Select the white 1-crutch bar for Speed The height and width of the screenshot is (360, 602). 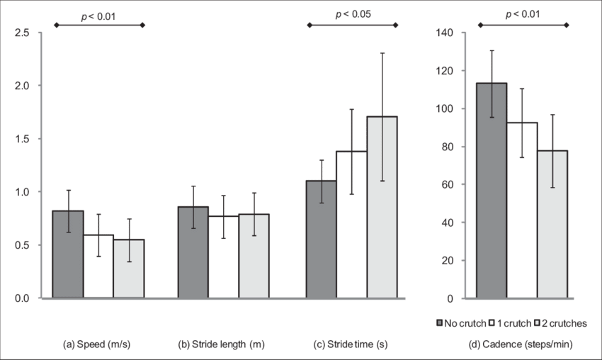click(99, 266)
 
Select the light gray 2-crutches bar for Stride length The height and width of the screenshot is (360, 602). click(254, 255)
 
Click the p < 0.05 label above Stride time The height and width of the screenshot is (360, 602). click(353, 13)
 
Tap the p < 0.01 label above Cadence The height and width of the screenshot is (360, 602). click(523, 13)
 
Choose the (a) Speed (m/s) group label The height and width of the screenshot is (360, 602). click(98, 345)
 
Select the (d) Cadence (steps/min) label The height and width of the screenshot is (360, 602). click(522, 345)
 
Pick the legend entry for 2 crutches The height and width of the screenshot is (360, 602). click(564, 323)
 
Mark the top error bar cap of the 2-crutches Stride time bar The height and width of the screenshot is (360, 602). click(382, 53)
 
